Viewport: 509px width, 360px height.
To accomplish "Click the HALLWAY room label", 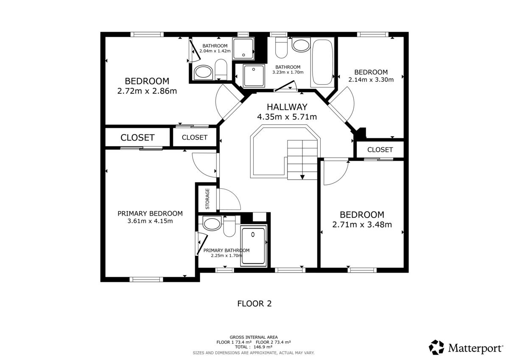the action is pos(287,107).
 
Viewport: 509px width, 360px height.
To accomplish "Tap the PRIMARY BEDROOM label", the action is pos(150,214).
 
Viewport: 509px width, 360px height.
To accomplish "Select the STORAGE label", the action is pos(207,199).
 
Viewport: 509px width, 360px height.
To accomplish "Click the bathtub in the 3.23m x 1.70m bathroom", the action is pos(322,62).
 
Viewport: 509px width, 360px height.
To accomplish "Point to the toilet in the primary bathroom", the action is pos(229,226).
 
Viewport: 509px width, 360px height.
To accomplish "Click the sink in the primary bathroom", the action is pos(212,223).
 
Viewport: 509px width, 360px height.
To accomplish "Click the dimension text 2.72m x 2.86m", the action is pos(147,91).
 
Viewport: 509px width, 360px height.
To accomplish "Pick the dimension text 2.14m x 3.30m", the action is pos(371,80).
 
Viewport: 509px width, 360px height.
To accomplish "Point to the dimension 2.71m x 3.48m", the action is pos(362,225).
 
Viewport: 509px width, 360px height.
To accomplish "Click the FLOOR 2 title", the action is pos(255,304).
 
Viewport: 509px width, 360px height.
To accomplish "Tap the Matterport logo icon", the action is pos(436,347).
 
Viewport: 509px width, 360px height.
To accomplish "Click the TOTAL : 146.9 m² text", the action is pos(254,347).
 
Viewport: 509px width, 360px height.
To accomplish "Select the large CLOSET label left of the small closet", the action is pos(137,138).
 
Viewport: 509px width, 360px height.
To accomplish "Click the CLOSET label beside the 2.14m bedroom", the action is pos(380,150).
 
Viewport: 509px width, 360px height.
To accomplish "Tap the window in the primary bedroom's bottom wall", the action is pos(146,279).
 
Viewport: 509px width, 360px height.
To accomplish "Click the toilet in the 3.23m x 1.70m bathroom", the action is pos(281,47).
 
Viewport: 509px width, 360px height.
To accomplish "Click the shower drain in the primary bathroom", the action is pos(253,234).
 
